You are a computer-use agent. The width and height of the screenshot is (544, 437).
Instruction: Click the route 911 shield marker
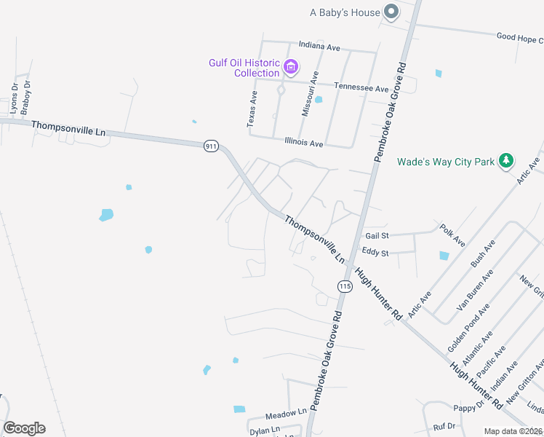pos(211,146)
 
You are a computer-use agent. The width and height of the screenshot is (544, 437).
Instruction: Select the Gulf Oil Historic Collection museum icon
pos(291,68)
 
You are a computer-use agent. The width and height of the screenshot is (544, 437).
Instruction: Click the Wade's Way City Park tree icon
pos(506,161)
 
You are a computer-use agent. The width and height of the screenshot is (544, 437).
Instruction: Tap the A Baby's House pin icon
pos(391,11)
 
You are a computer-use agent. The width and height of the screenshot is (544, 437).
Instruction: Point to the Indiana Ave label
pos(319,47)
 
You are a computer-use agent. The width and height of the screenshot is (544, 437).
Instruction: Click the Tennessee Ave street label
pos(361,87)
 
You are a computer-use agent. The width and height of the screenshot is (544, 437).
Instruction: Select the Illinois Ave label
pos(304,143)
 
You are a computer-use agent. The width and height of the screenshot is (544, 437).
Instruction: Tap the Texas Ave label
pos(252,110)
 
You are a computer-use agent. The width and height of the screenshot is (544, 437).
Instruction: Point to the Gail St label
pos(377,235)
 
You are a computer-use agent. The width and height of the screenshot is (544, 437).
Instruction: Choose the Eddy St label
pos(375,253)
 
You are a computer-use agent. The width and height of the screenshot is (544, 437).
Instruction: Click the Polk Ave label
pos(452,235)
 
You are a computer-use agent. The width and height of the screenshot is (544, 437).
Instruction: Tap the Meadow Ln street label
pos(287,412)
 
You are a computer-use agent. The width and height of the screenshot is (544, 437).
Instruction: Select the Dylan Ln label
pos(265,430)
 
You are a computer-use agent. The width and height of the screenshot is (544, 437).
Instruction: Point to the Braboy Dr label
pos(26,98)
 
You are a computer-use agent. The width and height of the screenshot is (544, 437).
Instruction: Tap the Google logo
pos(24,428)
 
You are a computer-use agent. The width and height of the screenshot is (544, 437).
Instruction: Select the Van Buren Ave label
pos(475,290)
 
